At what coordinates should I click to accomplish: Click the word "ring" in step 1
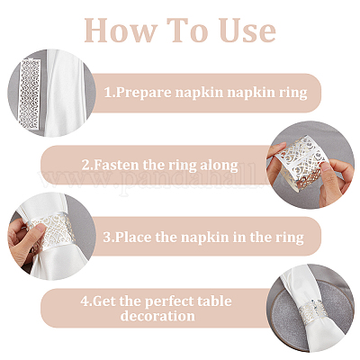pos(293,93)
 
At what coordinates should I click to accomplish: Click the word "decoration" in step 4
pos(157,316)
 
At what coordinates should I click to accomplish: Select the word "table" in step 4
pos(214,301)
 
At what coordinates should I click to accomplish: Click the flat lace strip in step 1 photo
pos(30,94)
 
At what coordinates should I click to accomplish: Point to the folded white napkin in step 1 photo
pos(66,93)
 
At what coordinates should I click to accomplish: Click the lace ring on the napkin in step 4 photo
pos(313,314)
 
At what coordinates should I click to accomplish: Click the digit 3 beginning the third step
pos(107,238)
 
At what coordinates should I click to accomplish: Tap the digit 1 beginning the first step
pos(108,93)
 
